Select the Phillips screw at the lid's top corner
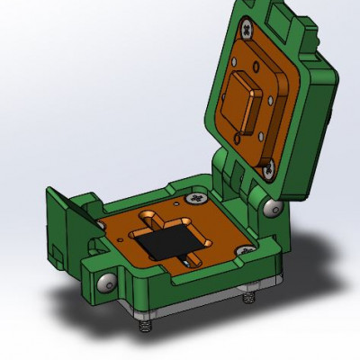(x=246, y=31)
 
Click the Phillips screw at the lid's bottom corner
(x=267, y=166)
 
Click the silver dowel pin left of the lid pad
(x=233, y=64)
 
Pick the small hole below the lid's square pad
(x=236, y=138)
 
